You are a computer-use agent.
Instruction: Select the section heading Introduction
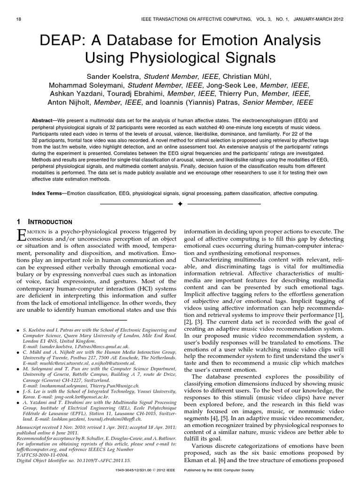point(48,222)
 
